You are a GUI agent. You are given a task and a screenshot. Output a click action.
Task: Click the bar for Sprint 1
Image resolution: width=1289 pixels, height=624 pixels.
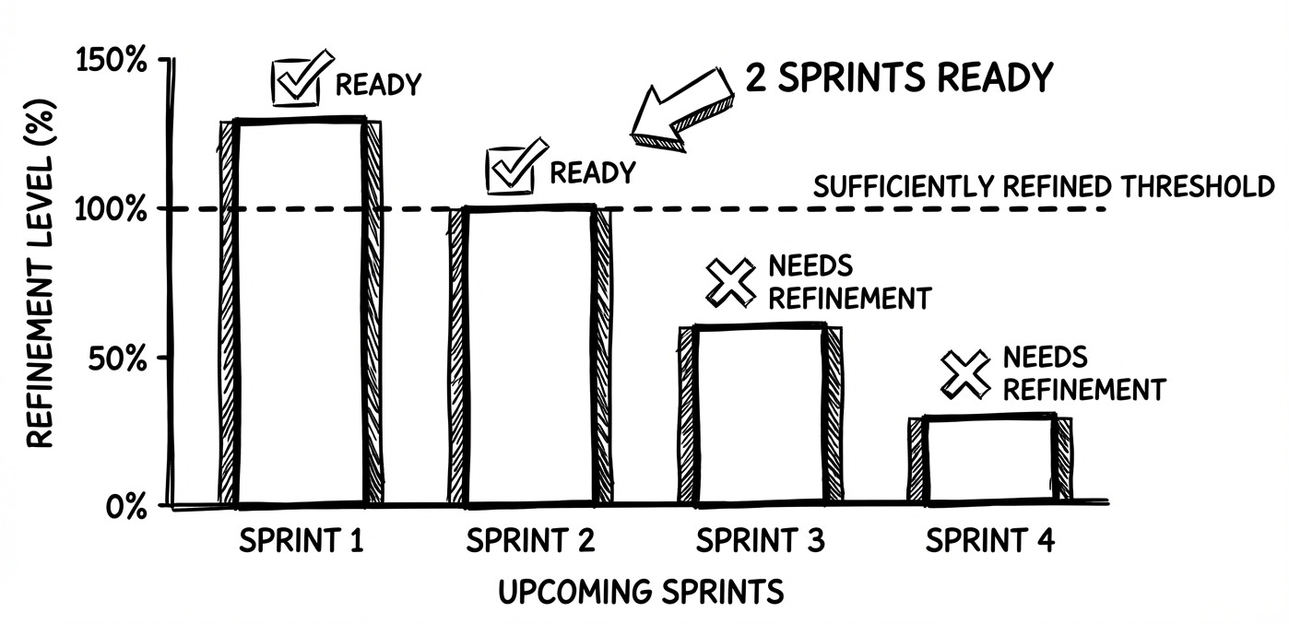[x=300, y=313]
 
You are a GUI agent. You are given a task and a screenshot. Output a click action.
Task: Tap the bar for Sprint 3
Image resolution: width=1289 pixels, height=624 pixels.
[x=760, y=415]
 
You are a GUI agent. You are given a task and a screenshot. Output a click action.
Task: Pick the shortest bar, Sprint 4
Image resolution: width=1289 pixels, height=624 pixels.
[x=989, y=460]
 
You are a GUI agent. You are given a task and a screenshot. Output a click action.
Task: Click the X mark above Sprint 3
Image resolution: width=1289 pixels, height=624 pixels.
[x=729, y=281]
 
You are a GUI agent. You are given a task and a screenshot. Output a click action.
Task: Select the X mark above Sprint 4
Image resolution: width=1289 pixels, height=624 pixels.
[x=964, y=372]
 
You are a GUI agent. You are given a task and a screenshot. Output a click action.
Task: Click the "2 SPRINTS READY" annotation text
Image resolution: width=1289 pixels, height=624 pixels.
[x=900, y=78]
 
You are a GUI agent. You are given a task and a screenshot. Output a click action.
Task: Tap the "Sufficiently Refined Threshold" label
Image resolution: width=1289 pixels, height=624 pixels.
[x=1043, y=187]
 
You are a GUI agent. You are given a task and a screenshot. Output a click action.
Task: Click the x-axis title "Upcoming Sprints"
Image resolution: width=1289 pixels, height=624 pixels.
[x=641, y=591]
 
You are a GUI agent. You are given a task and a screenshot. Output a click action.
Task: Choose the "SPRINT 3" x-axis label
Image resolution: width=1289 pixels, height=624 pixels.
[x=760, y=540]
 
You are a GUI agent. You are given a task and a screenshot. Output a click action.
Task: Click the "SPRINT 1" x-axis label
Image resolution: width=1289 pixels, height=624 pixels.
[x=301, y=540]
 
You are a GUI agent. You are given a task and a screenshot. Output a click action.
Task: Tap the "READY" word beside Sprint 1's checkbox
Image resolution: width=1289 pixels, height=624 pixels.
[x=377, y=85]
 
